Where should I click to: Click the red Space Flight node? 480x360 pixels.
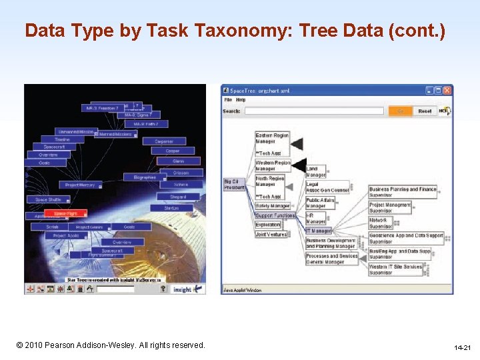click(x=69, y=213)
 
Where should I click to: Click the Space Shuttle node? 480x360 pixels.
click(x=48, y=199)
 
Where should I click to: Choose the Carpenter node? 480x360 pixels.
click(x=164, y=141)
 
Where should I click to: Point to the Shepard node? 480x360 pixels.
click(x=178, y=197)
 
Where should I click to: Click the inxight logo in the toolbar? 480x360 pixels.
click(x=186, y=289)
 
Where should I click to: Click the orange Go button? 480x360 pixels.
click(x=400, y=111)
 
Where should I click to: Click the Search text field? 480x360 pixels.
click(x=313, y=111)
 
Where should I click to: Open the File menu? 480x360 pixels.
click(x=228, y=100)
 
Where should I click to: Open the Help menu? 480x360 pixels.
click(x=241, y=100)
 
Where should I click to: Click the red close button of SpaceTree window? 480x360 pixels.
click(x=447, y=90)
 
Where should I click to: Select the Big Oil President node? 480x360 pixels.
click(x=234, y=184)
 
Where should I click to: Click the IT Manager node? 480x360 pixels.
click(x=319, y=231)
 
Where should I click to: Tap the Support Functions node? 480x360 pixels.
click(x=275, y=215)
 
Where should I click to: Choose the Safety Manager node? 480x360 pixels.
click(x=273, y=206)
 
